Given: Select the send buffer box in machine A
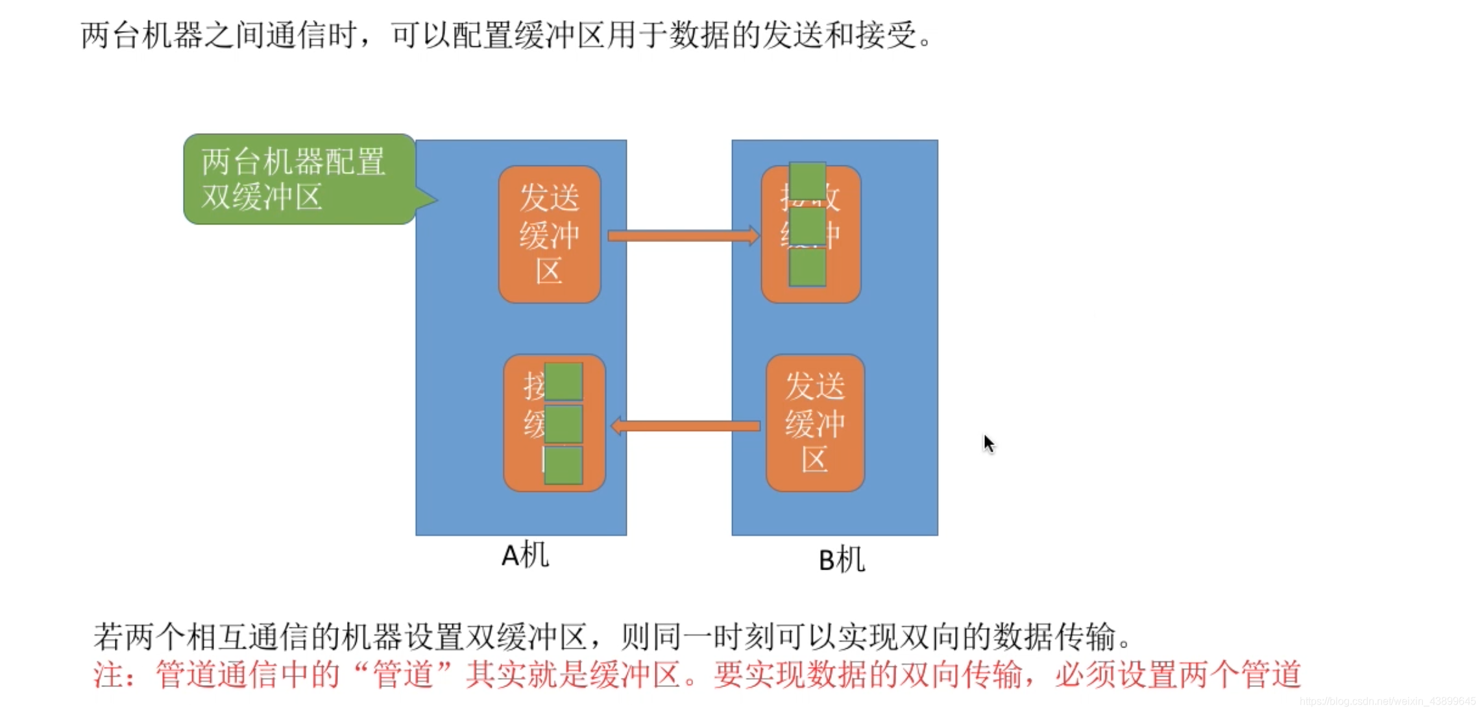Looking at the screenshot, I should (x=549, y=234).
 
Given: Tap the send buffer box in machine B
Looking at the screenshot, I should (x=815, y=422).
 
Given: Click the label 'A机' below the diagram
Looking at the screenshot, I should (x=525, y=555).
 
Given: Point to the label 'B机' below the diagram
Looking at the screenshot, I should (x=842, y=560).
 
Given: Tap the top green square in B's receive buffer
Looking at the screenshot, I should (x=807, y=182).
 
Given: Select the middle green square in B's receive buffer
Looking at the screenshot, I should (x=807, y=226).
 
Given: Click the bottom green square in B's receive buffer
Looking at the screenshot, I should (x=807, y=267).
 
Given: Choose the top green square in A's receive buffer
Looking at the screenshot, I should (x=563, y=381).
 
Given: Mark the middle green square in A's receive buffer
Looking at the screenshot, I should (x=563, y=424).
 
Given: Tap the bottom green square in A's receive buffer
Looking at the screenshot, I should (x=563, y=465).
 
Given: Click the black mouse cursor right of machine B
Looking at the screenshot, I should (x=988, y=444).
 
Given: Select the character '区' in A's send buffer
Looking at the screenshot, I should (x=549, y=272).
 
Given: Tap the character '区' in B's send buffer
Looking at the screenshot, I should (x=815, y=460).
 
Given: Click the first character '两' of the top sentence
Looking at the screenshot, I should (x=95, y=35).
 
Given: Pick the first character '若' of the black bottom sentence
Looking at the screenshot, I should (x=108, y=636).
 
